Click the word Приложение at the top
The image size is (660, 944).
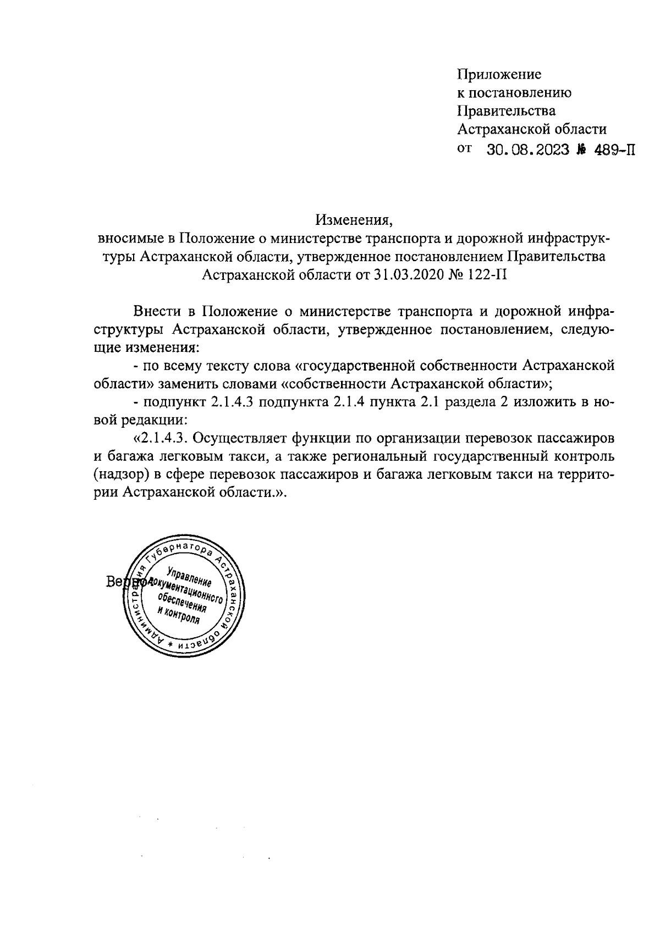[x=499, y=74]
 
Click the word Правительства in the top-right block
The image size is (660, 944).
[x=507, y=111]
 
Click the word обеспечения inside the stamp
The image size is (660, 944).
[x=182, y=603]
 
